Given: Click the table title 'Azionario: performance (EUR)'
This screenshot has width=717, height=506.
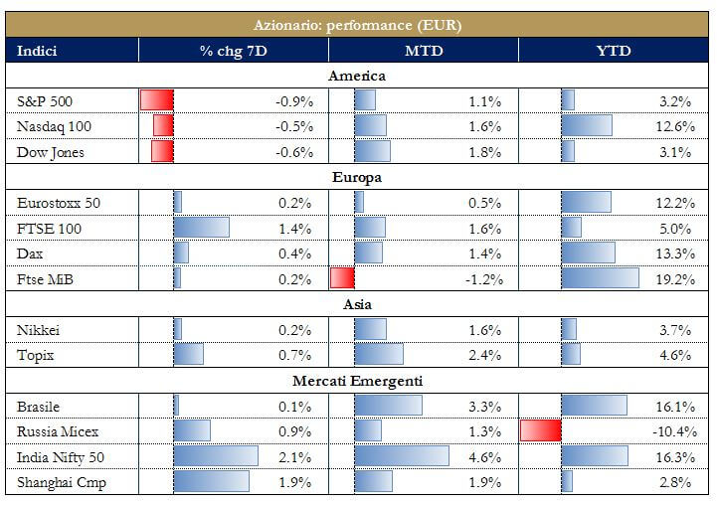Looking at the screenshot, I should pyautogui.click(x=358, y=25).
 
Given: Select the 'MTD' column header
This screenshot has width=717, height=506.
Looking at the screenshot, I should pyautogui.click(x=423, y=51).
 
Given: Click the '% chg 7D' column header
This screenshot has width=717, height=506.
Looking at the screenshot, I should pyautogui.click(x=232, y=51).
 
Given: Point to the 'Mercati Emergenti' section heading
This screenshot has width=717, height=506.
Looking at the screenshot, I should pyautogui.click(x=358, y=381).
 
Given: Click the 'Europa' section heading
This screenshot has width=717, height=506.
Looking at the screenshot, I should pyautogui.click(x=358, y=178).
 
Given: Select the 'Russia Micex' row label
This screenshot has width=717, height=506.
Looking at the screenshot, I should pyautogui.click(x=58, y=431).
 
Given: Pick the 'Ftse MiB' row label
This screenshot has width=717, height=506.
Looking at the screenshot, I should pyautogui.click(x=46, y=279).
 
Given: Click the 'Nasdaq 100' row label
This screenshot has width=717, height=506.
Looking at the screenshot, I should pyautogui.click(x=54, y=126).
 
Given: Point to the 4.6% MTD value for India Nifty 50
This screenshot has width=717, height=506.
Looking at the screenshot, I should pyautogui.click(x=485, y=457).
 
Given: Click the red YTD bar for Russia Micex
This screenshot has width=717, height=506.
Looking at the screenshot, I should pyautogui.click(x=541, y=431).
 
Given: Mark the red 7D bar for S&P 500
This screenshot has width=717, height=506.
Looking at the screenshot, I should pyautogui.click(x=157, y=100).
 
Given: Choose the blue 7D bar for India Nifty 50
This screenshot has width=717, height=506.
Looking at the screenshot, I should pyautogui.click(x=216, y=457).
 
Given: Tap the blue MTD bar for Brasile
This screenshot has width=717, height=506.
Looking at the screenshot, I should pyautogui.click(x=388, y=406).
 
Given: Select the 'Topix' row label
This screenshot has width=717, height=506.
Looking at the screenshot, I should pyautogui.click(x=36, y=355).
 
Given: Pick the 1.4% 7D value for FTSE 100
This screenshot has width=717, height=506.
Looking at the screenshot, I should pyautogui.click(x=294, y=229).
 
